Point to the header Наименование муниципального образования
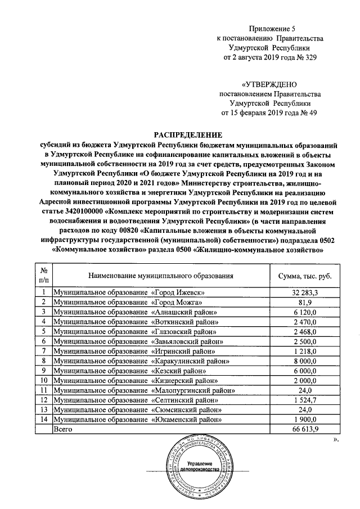pyautogui.click(x=160, y=276)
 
